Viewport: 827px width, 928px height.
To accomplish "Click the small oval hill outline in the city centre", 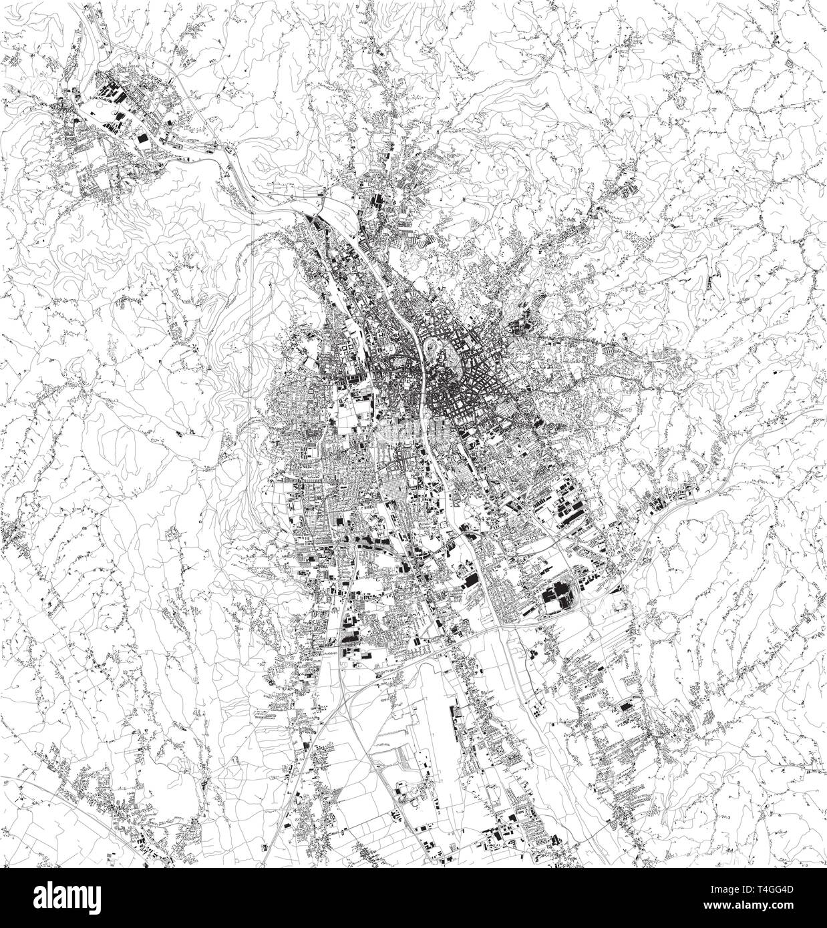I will (439, 347).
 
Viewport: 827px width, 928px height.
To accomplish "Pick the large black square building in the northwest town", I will (142, 138).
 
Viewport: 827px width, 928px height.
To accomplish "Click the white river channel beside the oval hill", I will (425, 351).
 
